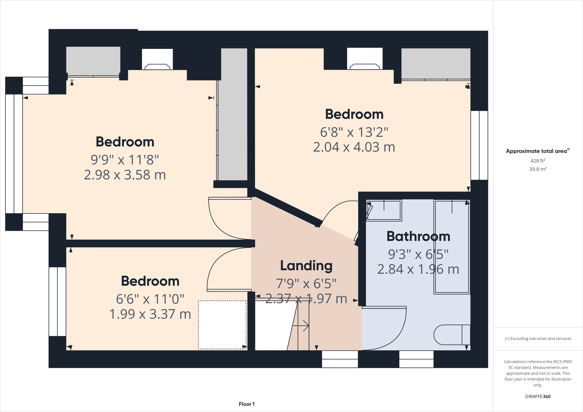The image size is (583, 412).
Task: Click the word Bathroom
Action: coord(418,236)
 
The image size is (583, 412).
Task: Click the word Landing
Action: coord(306,265)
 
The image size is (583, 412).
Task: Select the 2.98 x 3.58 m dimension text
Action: coord(125,175)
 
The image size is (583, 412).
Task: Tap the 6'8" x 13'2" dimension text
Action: coord(354,132)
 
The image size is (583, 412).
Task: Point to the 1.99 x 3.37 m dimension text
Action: coord(150,314)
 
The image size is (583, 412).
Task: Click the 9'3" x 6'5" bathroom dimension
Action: coord(418,254)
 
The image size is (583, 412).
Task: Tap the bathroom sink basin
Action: coord(384,211)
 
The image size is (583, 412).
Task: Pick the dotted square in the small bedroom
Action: coord(222,325)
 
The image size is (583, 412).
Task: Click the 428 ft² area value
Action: coord(538,161)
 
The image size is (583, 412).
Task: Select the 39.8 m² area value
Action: coord(538,169)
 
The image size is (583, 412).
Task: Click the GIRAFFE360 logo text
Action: coord(538,396)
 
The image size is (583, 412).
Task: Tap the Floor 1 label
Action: coord(247,404)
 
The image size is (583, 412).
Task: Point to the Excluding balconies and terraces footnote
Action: coord(538,339)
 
